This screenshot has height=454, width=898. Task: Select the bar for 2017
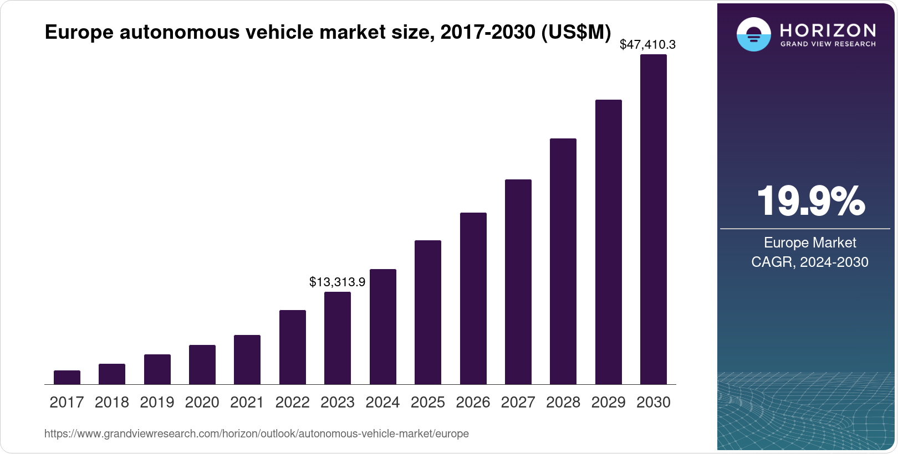pyautogui.click(x=67, y=378)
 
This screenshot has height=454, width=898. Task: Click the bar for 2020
pyautogui.click(x=202, y=365)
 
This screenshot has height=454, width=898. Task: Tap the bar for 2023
pyautogui.click(x=338, y=338)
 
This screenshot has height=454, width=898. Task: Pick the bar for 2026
pyautogui.click(x=473, y=298)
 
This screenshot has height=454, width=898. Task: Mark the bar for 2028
pyautogui.click(x=563, y=261)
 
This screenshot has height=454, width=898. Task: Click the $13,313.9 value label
pyautogui.click(x=337, y=282)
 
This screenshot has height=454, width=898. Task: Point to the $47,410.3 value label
pyautogui.click(x=647, y=45)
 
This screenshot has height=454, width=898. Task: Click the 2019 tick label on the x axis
pyautogui.click(x=157, y=403)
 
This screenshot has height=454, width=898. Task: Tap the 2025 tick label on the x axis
pyautogui.click(x=428, y=403)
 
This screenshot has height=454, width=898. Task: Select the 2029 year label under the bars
pyautogui.click(x=608, y=403)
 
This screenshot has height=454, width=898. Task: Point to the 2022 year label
pyautogui.click(x=292, y=403)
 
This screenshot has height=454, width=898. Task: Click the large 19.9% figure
pyautogui.click(x=810, y=201)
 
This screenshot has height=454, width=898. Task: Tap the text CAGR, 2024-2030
pyautogui.click(x=810, y=262)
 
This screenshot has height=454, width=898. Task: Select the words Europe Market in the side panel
pyautogui.click(x=810, y=243)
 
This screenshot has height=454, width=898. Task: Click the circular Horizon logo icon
pyautogui.click(x=753, y=34)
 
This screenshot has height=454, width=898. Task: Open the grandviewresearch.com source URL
pyautogui.click(x=257, y=434)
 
